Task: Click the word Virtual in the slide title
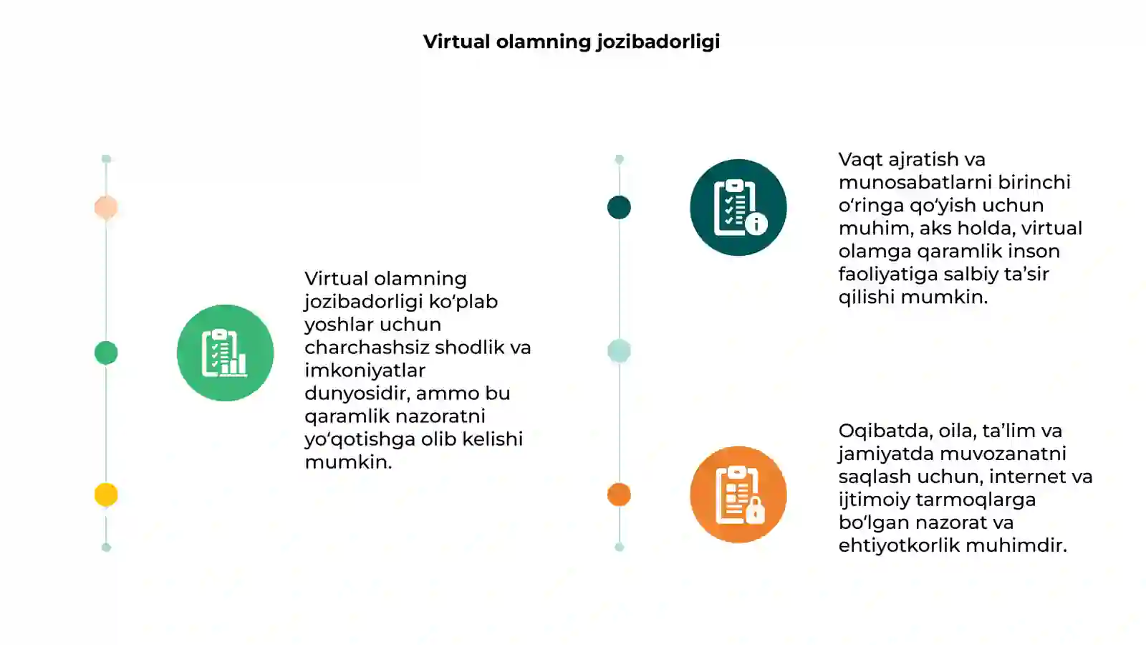point(456,42)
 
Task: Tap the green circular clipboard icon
point(225,353)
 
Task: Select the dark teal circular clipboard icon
point(738,207)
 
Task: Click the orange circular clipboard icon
point(738,494)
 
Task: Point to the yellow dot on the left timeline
point(106,495)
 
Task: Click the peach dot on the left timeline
point(106,207)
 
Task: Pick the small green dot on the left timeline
point(106,353)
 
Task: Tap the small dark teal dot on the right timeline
point(619,207)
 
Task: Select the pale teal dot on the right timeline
point(619,351)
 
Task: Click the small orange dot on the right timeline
point(619,494)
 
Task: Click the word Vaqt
point(860,160)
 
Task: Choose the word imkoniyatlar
point(365,370)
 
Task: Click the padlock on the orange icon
point(755,510)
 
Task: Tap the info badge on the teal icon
point(756,224)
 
